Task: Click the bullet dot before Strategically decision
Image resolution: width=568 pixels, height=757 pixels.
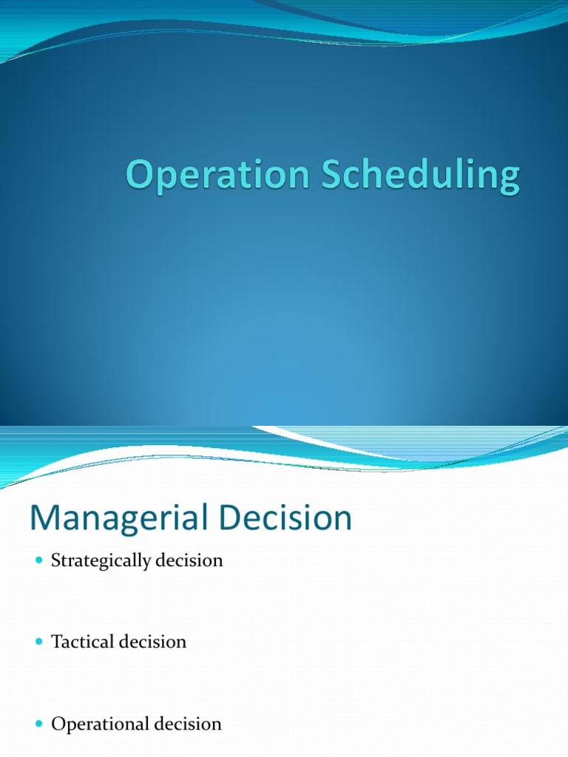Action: [x=40, y=561]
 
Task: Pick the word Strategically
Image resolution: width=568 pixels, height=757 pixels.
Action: [x=101, y=561]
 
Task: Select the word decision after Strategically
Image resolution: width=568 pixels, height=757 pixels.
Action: [x=189, y=560]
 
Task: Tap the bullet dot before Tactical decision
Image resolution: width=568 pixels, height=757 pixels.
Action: [x=40, y=642]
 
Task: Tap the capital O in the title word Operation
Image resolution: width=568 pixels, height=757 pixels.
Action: [x=139, y=177]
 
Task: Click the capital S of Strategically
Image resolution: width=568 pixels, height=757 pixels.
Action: [x=55, y=560]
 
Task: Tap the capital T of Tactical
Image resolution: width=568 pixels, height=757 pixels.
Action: [x=55, y=642]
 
